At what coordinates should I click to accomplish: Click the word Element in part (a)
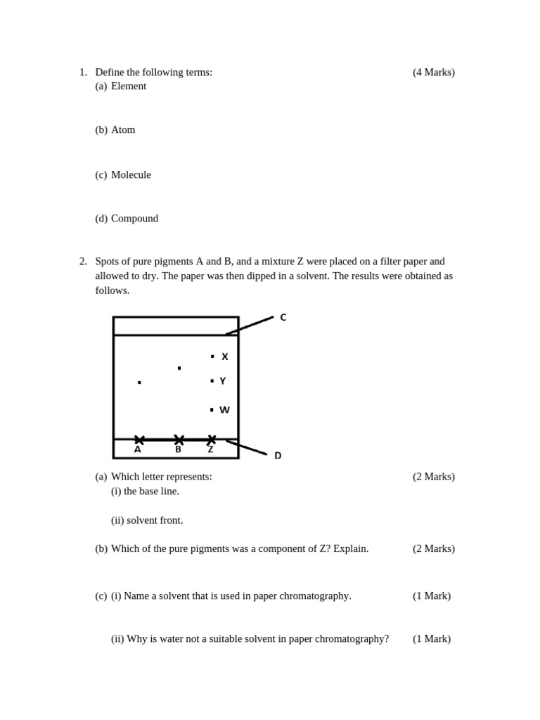point(129,86)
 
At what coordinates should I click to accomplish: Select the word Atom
point(123,129)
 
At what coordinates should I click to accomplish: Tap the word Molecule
point(131,174)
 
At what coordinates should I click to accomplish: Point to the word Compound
point(134,218)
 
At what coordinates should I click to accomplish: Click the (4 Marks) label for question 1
point(433,72)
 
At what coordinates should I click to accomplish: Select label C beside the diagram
point(283,317)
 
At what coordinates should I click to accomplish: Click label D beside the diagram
point(278,456)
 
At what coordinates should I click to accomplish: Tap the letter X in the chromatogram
point(225,356)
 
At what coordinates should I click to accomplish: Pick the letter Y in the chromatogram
point(223,381)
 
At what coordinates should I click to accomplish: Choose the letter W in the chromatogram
point(224,410)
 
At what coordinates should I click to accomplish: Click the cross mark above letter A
point(139,439)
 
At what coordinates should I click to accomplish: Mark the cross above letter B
point(179,439)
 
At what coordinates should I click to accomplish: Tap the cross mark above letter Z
point(212,439)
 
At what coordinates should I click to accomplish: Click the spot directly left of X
point(212,356)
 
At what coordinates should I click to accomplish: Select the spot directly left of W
point(212,409)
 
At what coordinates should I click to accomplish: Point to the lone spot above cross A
point(139,382)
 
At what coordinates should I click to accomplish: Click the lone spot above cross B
point(179,368)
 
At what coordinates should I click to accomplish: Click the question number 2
point(83,261)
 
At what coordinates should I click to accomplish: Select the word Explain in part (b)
point(351,548)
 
